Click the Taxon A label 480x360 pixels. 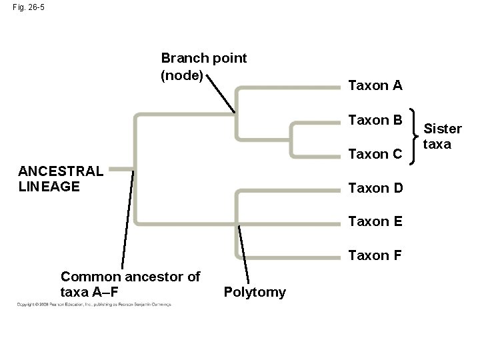(375, 85)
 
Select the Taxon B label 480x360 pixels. (375, 121)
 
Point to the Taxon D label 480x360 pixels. (375, 188)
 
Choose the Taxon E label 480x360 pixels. (375, 222)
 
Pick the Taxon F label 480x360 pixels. (375, 255)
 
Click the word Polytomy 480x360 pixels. (255, 292)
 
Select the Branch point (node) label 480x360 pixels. (204, 67)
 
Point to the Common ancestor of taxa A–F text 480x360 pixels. (130, 283)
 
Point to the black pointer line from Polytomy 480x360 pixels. (244, 254)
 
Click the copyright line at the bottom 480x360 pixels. (93, 304)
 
